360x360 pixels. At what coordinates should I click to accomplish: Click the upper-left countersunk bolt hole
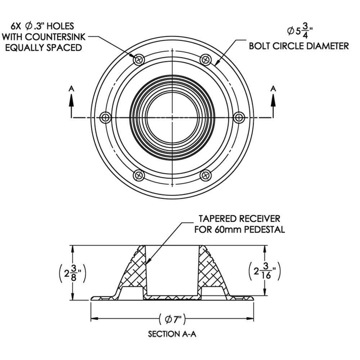coord(139,60)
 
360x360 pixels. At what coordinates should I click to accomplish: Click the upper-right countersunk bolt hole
coord(205,60)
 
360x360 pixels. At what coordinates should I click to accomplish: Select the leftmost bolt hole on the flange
coord(106,117)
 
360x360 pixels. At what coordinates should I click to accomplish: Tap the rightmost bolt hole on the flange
coord(239,117)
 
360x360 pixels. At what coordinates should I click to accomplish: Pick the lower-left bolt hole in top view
coord(139,175)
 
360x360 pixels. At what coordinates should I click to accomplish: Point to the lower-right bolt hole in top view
coord(205,175)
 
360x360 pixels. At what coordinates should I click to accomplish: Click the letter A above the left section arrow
coord(71,87)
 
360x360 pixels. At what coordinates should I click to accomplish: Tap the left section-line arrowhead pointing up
coord(71,99)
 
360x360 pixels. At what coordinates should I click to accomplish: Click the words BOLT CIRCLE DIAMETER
coord(299,46)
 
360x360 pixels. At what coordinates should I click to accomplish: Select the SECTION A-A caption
coord(172,334)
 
